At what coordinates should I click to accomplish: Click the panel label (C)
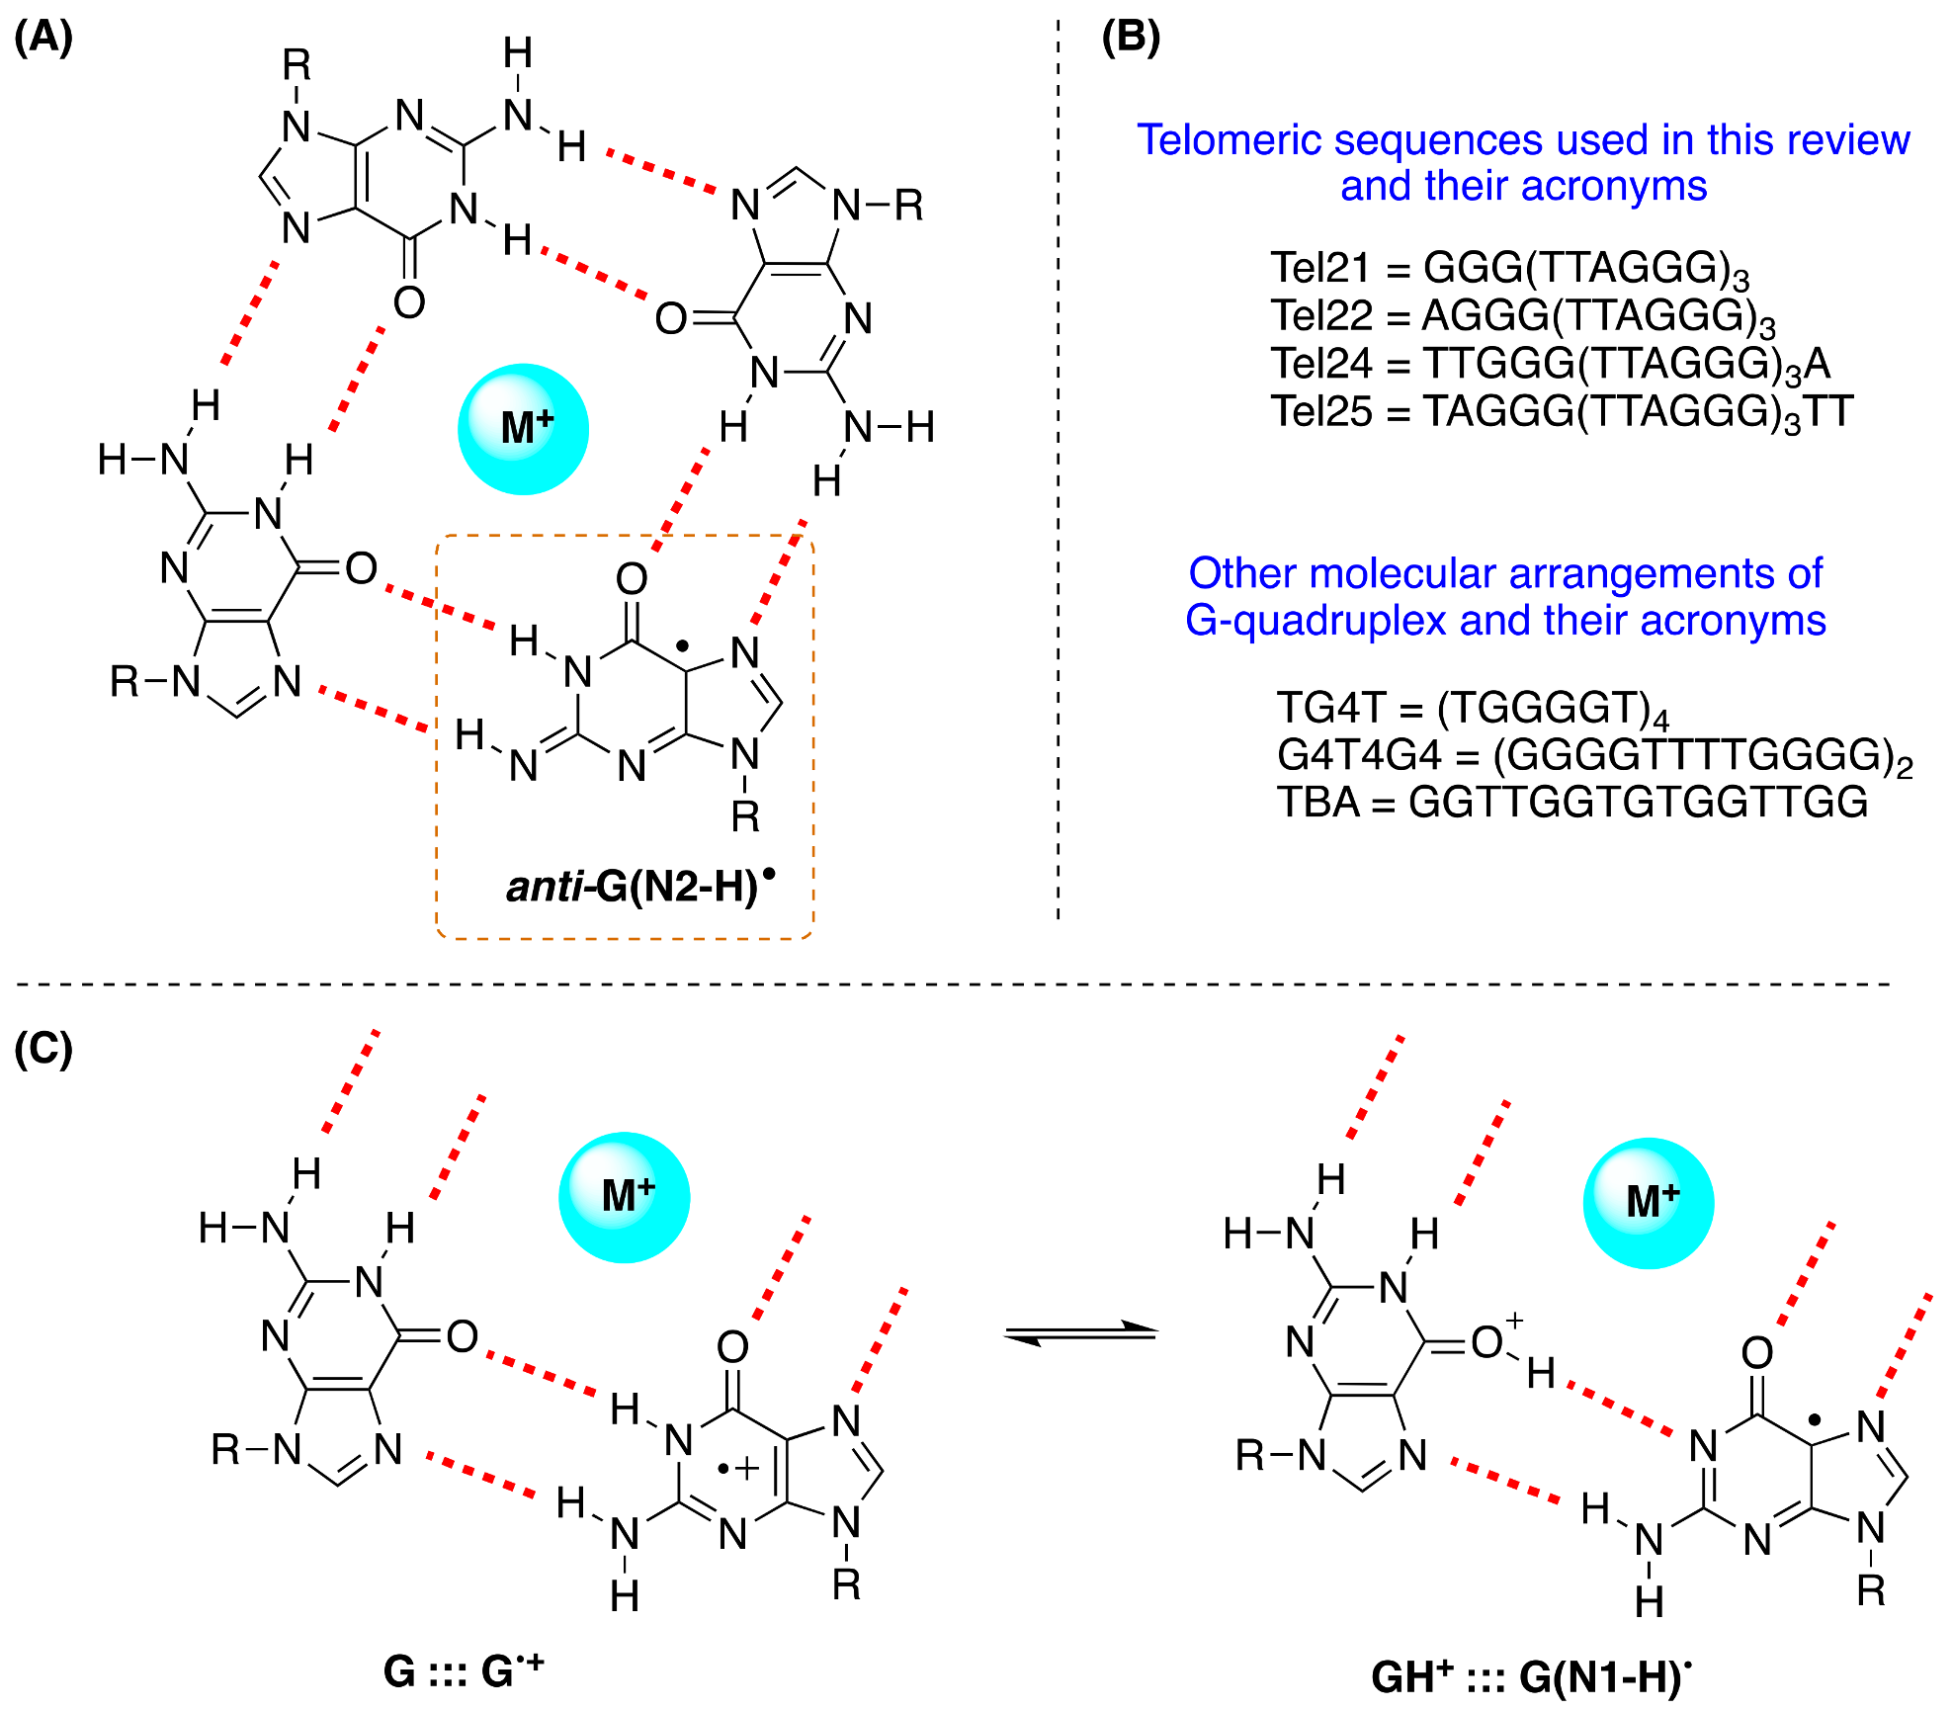pos(43,1049)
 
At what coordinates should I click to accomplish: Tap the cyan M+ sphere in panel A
pos(523,429)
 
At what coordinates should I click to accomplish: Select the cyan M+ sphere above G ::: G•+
pos(624,1197)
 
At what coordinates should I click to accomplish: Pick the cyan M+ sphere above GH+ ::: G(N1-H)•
pos(1649,1203)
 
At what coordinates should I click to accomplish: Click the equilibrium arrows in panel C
pos(1080,1333)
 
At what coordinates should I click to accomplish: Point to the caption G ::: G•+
pos(464,1671)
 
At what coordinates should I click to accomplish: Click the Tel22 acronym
pos(1321,316)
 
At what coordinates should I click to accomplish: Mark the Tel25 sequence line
pos(1562,411)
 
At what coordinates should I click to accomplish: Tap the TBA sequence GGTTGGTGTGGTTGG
pos(1638,802)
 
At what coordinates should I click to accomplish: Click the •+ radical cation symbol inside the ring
pos(737,1469)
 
